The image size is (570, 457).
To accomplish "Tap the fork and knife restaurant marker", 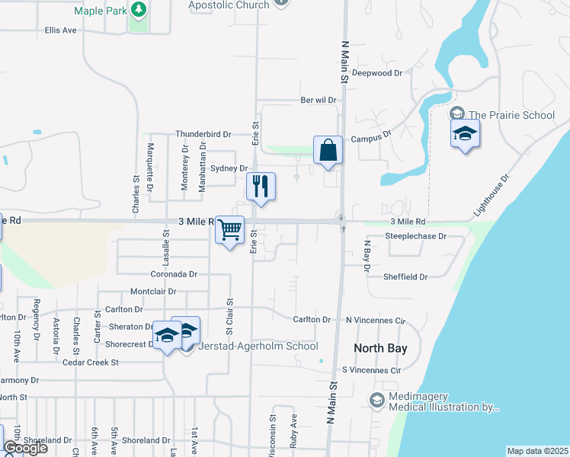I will pos(261,186).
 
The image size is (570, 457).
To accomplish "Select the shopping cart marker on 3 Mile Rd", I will pos(229,229).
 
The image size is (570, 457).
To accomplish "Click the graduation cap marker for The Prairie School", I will pos(465,135).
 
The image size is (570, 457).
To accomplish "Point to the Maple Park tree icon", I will pos(138,9).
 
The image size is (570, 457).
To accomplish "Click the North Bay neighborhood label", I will pos(380,348).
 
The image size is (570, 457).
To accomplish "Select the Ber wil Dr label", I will pos(319,100).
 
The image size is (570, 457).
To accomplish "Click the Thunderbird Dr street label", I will pos(203,133).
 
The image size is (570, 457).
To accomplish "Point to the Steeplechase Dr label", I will pos(415,236).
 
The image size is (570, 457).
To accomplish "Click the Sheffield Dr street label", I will pos(406,277).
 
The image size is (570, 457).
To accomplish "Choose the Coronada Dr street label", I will pos(174,273).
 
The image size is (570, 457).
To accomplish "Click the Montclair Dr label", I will pos(153,291).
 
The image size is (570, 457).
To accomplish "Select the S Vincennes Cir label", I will pos(371,370).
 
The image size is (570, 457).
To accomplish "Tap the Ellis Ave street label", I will pos(61,30).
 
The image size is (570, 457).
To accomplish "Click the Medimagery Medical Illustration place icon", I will pos(376,399).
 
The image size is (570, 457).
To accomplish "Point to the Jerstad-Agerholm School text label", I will pos(258,347).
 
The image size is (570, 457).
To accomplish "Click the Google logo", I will pos(25,448).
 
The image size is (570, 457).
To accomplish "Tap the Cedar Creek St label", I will pos(92,363).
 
